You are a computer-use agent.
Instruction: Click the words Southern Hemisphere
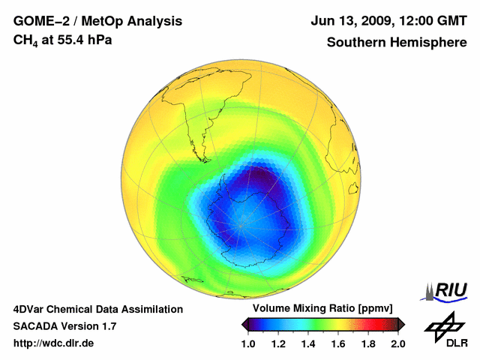(396, 42)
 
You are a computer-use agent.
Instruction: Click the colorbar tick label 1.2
(278, 343)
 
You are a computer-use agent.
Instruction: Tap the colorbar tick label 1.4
(308, 343)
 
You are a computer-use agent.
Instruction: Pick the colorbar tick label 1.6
(338, 343)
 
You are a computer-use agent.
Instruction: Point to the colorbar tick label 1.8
(368, 343)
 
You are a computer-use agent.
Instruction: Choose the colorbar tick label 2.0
(397, 343)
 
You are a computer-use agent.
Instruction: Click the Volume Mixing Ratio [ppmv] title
(323, 309)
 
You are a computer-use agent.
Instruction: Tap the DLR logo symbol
(445, 326)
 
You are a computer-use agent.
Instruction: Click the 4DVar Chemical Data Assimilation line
(97, 309)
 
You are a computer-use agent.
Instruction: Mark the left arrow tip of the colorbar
(244, 324)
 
